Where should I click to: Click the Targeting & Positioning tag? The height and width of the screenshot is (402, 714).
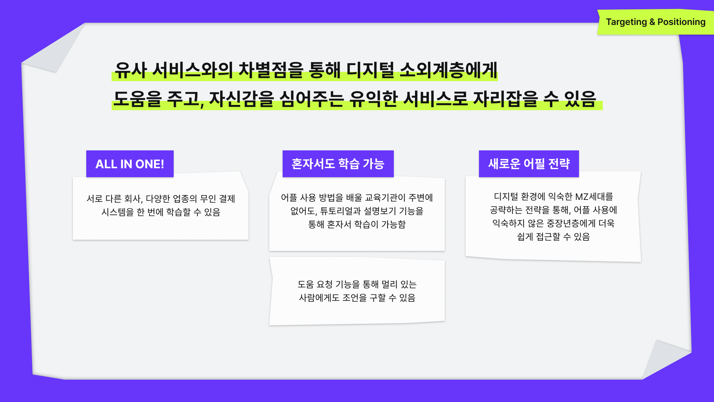point(656,22)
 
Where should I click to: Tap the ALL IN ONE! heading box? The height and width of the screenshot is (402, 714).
point(130,164)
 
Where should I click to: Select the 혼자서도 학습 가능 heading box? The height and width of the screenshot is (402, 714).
point(338,164)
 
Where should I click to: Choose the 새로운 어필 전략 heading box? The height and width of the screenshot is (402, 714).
point(529,164)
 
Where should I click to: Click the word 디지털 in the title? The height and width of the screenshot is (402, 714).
point(370,70)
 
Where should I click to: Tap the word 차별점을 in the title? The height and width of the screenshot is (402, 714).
point(271,70)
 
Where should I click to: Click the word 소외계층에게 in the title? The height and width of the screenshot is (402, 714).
point(448,70)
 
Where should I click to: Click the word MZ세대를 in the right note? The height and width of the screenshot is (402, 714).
point(594,197)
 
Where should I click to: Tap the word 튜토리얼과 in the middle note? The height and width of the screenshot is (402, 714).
point(340,211)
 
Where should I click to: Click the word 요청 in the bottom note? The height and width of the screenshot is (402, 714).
point(324,284)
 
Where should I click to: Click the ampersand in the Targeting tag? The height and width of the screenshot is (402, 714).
point(652,22)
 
